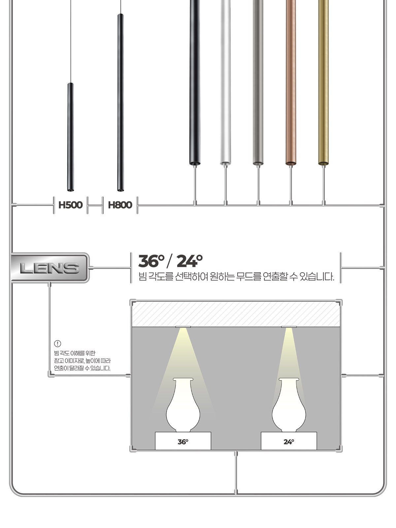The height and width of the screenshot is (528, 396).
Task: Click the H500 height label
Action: coord(70,205)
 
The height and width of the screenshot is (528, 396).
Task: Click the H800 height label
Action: coord(120,205)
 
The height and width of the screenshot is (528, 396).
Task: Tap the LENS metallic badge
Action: coord(50,268)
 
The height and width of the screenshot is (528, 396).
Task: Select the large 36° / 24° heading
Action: coord(171,261)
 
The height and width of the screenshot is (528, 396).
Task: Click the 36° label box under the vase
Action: coord(183,441)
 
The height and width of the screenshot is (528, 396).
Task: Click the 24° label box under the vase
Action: coord(289,441)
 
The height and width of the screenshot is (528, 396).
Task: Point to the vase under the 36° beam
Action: coord(183,405)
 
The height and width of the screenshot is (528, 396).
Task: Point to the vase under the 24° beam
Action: coord(289,405)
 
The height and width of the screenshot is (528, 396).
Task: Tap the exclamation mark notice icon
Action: coord(57,344)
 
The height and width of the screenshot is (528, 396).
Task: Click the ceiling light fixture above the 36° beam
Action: coord(183,327)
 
